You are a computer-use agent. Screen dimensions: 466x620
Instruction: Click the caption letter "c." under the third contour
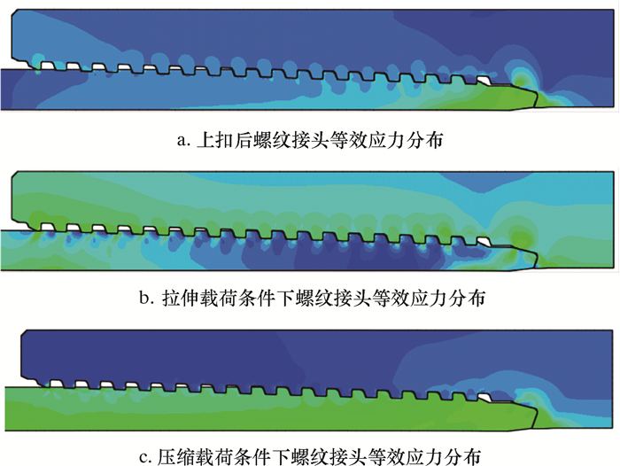147,457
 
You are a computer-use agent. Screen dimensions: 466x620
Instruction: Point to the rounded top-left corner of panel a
17,17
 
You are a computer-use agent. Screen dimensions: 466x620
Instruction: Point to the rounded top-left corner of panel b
17,177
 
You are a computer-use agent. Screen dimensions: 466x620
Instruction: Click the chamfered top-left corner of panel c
27,335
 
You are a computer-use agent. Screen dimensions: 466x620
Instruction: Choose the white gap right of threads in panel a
485,79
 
